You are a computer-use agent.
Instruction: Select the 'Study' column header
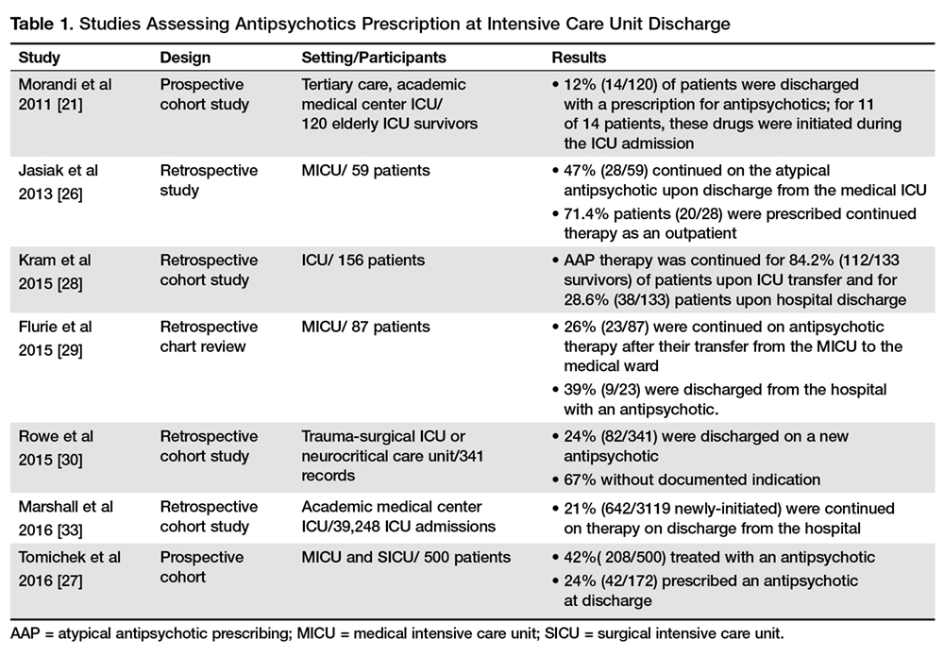point(39,57)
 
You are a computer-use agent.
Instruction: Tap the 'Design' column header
point(184,57)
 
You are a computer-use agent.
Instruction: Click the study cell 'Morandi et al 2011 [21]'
point(65,94)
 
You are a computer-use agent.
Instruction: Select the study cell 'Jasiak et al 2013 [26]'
point(59,180)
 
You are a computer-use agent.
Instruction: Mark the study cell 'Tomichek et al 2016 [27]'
point(70,566)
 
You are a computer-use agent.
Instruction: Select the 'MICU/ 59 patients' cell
point(365,171)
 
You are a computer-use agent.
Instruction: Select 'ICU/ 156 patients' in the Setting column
point(363,261)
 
